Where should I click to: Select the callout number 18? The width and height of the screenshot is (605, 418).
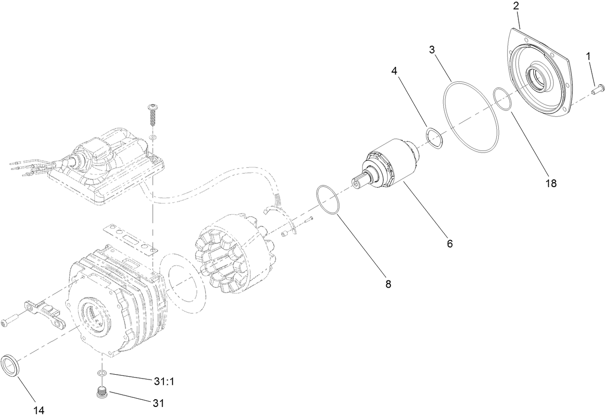(x=551, y=183)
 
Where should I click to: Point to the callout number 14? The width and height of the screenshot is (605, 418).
(x=38, y=410)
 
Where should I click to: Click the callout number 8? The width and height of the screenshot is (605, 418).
(x=388, y=284)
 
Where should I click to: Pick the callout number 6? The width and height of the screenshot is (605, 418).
(x=450, y=243)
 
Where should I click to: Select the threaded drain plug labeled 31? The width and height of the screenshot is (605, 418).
(x=101, y=393)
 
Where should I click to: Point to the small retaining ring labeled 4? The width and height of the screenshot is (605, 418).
(x=435, y=137)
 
